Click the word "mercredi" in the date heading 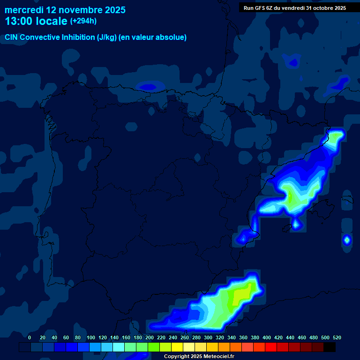coord(23,10)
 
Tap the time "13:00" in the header coord(19,21)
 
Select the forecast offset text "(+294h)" coord(83,21)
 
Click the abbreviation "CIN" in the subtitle coord(11,37)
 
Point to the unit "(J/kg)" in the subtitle coord(107,37)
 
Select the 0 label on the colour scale coord(30,337)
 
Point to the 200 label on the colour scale coord(149,337)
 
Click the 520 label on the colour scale coord(337,337)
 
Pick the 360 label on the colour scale coord(243,337)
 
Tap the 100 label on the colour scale coord(90,337)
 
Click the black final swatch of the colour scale coord(330,347)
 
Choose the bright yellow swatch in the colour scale coord(177,347)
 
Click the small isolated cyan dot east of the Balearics coord(347,240)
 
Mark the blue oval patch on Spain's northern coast coord(149,86)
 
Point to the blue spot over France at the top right coord(293,61)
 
